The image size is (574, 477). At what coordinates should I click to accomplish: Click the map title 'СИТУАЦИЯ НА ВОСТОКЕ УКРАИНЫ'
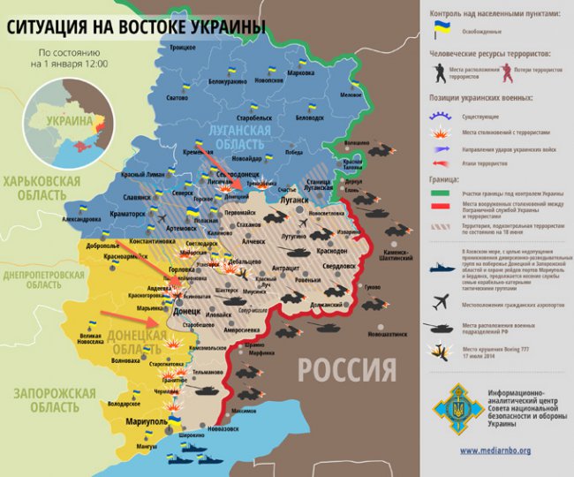pos(137,27)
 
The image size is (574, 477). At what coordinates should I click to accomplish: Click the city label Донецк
pos(186,312)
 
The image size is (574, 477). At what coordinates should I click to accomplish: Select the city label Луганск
pos(295,201)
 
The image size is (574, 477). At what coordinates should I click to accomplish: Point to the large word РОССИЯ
pos(346,368)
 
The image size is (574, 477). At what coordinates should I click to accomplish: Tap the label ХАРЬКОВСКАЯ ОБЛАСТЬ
pos(42,187)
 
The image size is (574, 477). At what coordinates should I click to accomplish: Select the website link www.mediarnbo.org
pos(495,450)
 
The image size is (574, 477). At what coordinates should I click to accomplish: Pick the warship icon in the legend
pos(442,265)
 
